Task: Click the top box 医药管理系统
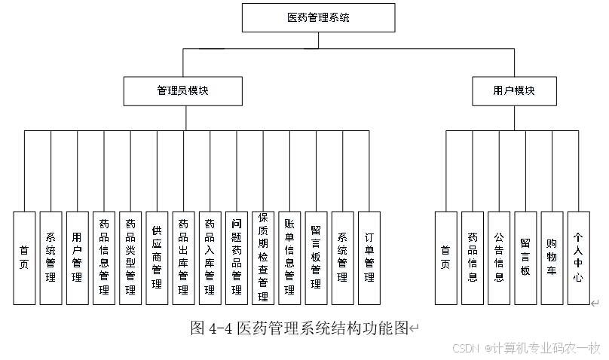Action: click(x=318, y=17)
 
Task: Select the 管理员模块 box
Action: click(x=182, y=90)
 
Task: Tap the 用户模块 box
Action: click(x=514, y=90)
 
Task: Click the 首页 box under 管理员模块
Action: click(x=24, y=257)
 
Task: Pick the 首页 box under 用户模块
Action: click(x=445, y=257)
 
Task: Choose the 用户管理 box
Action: click(x=77, y=257)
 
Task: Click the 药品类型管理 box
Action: click(x=130, y=257)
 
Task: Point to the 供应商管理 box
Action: click(x=157, y=257)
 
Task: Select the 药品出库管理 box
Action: click(x=183, y=257)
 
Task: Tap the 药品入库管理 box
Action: click(x=210, y=257)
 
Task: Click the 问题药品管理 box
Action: click(x=237, y=257)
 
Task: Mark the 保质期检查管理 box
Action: click(x=263, y=257)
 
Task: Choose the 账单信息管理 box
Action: click(x=289, y=257)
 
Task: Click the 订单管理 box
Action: click(x=369, y=257)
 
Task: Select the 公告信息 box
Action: click(x=499, y=257)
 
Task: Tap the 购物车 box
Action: click(x=552, y=257)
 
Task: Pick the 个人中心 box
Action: click(x=579, y=257)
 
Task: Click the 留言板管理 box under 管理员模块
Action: click(x=316, y=257)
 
